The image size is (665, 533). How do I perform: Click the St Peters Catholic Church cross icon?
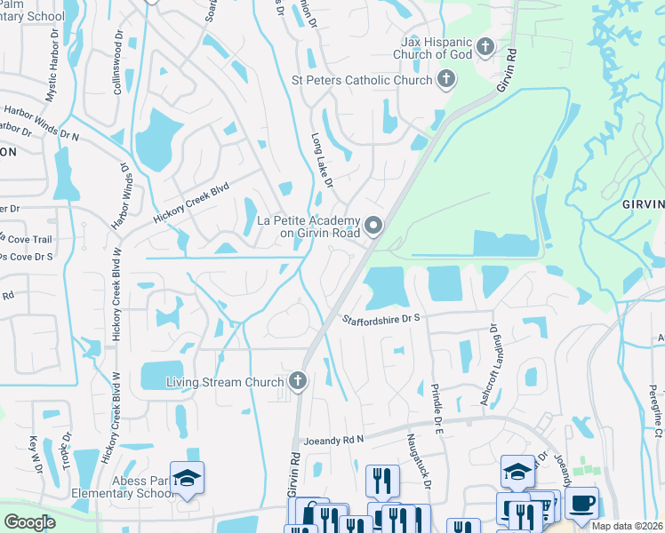pos(446,80)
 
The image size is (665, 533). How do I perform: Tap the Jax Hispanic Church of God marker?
pos(485,45)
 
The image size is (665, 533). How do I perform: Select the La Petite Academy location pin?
pos(374,227)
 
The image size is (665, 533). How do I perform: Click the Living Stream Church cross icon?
pos(298,382)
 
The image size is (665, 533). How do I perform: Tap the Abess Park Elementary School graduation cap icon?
pos(187,480)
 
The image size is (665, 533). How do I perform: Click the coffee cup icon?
pos(581,503)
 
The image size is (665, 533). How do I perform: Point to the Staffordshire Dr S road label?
pos(381,317)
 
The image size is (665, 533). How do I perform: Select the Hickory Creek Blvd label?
pos(190,202)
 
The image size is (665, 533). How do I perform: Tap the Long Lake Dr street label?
pos(322,161)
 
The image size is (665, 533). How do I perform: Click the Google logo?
pos(28,521)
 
